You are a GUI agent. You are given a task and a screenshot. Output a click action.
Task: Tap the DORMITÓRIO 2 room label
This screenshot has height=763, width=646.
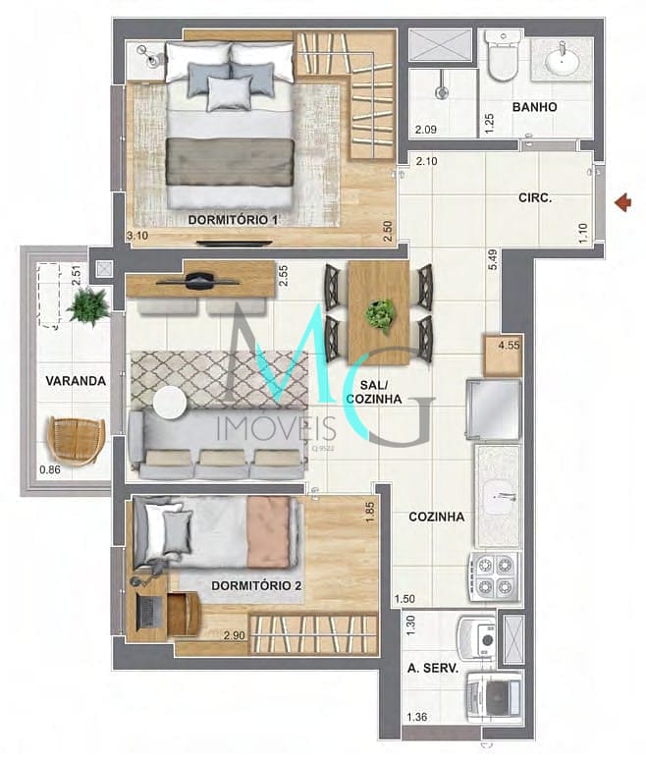[x=256, y=585]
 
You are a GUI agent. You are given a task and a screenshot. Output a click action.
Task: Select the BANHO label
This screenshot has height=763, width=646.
[x=534, y=107]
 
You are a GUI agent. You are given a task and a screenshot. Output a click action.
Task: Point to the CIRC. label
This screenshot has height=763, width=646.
[x=535, y=197]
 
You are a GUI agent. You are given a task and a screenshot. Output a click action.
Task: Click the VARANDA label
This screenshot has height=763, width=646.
[x=75, y=380]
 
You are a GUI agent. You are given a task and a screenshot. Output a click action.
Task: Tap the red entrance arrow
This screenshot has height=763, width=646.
[x=620, y=202]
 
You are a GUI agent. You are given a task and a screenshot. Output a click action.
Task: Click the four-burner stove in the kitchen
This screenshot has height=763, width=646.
[x=493, y=575]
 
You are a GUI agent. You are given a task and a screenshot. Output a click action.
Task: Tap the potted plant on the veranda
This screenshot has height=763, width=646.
[x=88, y=306]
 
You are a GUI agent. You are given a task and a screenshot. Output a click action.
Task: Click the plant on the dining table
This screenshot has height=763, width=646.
[x=378, y=315]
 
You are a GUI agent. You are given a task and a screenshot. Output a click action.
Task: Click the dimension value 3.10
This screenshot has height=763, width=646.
[x=137, y=236]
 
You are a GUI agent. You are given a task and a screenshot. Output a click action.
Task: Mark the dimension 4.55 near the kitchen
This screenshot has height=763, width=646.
[x=509, y=346]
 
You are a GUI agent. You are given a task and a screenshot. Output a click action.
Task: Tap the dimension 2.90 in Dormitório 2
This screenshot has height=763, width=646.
[x=235, y=636]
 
